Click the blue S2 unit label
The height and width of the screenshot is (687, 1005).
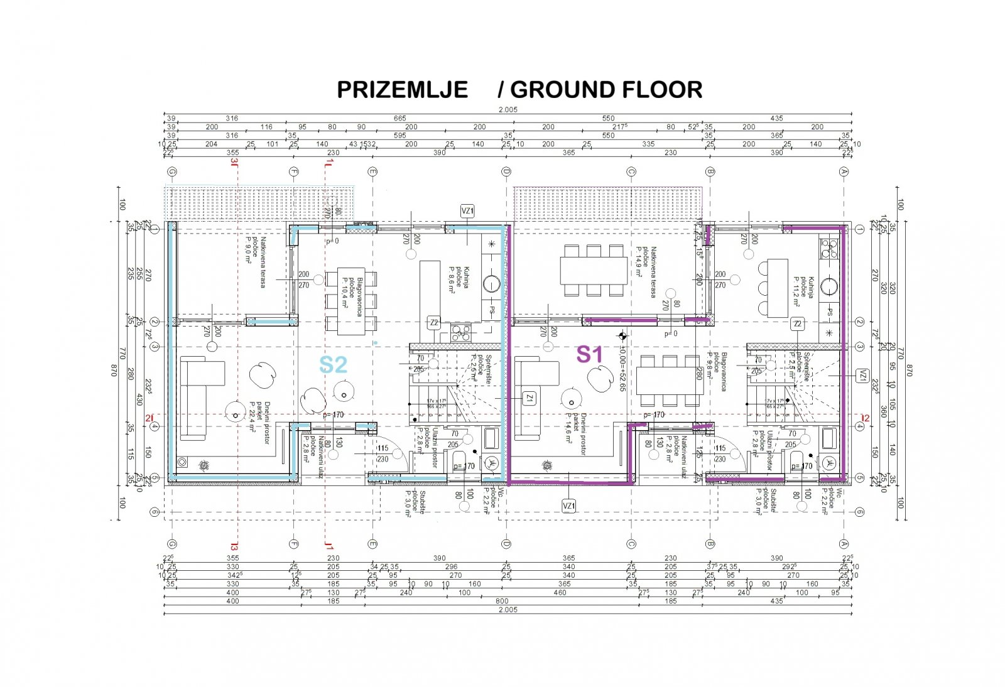(333, 365)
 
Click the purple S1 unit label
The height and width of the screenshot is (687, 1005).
(589, 355)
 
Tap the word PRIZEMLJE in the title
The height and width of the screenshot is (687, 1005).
(402, 90)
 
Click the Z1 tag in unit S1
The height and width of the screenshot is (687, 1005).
(530, 398)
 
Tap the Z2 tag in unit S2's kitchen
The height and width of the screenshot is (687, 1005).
(433, 323)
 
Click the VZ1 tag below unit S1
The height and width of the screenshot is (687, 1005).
(568, 506)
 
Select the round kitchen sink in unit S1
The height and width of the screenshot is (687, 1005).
(830, 287)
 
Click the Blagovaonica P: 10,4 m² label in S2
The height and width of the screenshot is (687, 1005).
(352, 292)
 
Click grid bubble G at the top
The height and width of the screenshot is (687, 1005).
(172, 171)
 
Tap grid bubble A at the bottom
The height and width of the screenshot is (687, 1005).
(844, 543)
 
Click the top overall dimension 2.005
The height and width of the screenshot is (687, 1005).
(508, 110)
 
